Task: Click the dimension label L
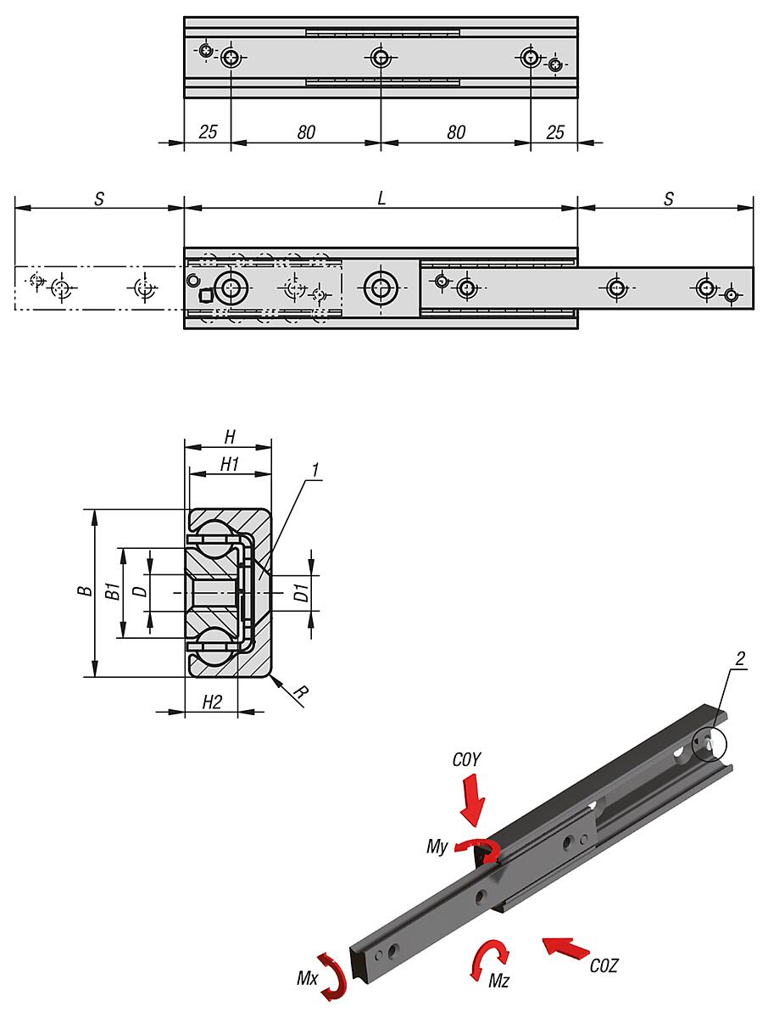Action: coord(381,199)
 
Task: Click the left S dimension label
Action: coord(99,199)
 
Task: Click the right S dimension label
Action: coord(669,199)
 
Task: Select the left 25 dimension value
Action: coord(208,131)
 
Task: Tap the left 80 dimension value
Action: coord(306,131)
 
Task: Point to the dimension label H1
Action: coord(229,463)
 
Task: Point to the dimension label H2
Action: coord(211,702)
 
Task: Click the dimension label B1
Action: coord(111,591)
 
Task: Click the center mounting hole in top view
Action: coord(380,58)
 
